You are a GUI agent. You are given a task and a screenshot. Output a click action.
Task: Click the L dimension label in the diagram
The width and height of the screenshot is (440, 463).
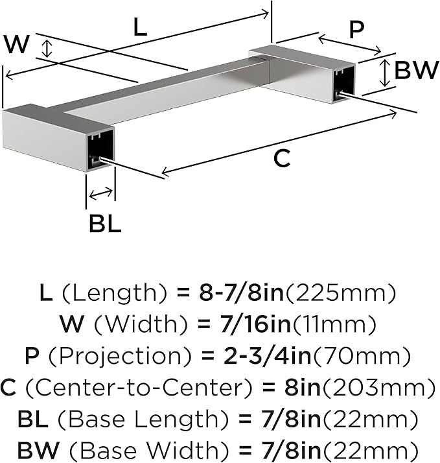tap(140, 27)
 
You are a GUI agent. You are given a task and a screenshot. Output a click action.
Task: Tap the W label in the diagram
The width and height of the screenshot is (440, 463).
tap(17, 44)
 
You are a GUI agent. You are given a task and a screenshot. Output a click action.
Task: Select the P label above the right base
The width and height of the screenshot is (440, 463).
tap(356, 30)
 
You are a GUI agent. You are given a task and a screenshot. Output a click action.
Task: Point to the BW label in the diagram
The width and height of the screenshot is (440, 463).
tap(416, 70)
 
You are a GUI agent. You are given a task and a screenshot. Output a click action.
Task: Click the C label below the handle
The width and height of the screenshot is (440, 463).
tap(282, 159)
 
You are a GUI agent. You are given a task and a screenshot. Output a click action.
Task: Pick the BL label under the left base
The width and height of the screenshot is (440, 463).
tap(105, 224)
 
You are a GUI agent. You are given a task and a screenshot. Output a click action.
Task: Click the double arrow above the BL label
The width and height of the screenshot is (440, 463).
tap(100, 194)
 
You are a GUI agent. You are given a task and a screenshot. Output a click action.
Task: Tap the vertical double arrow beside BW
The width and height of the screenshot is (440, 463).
tap(384, 73)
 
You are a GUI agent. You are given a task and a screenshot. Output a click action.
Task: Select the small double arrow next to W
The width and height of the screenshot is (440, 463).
tap(47, 49)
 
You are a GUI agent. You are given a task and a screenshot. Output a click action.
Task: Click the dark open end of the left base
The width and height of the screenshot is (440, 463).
tap(101, 149)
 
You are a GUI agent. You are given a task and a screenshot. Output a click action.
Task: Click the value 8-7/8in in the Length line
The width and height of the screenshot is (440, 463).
tap(241, 293)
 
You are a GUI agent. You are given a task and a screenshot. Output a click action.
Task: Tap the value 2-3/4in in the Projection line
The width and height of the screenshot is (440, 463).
tap(268, 355)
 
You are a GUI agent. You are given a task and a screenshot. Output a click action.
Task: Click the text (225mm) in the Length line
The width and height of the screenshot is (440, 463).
tap(341, 293)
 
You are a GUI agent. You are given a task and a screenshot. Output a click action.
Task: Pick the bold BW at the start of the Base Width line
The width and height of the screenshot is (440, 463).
tap(38, 451)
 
